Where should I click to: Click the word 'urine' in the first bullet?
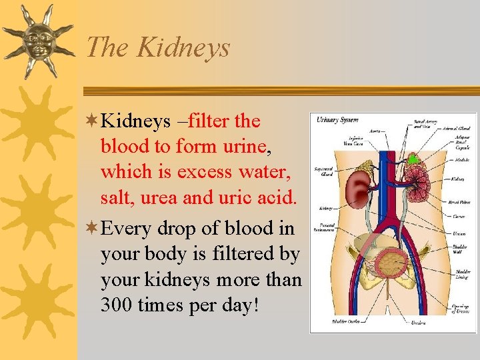pyautogui.click(x=239, y=147)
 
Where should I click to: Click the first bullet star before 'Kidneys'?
pyautogui.click(x=92, y=121)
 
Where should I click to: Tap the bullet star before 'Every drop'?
pyautogui.click(x=92, y=229)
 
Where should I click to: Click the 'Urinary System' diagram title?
pyautogui.click(x=337, y=120)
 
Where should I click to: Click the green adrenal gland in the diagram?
pyautogui.click(x=414, y=159)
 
